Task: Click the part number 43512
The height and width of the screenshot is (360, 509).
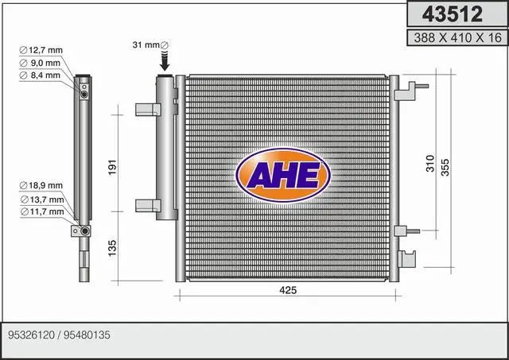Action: [453, 14]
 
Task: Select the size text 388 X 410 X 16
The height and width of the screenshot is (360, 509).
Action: [458, 37]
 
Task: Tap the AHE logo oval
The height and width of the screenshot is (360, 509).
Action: [283, 175]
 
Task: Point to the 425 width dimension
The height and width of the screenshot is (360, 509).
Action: [288, 290]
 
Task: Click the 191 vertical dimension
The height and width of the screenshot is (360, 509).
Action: [112, 168]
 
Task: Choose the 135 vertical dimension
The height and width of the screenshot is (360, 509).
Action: [112, 248]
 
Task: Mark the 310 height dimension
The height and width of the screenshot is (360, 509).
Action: [430, 164]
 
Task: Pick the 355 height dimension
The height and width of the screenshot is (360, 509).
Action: [445, 168]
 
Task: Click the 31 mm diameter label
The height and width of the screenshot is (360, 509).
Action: [150, 45]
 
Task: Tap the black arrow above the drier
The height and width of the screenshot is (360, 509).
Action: [165, 60]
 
